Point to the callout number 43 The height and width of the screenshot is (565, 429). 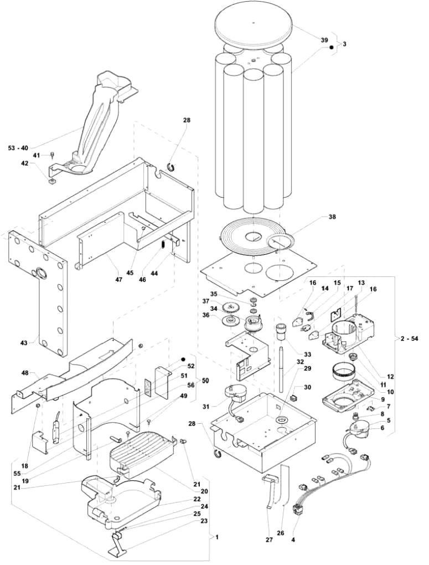24,343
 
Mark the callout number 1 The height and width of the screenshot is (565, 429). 218,537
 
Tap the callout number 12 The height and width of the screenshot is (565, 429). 390,377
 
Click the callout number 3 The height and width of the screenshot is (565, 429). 344,43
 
